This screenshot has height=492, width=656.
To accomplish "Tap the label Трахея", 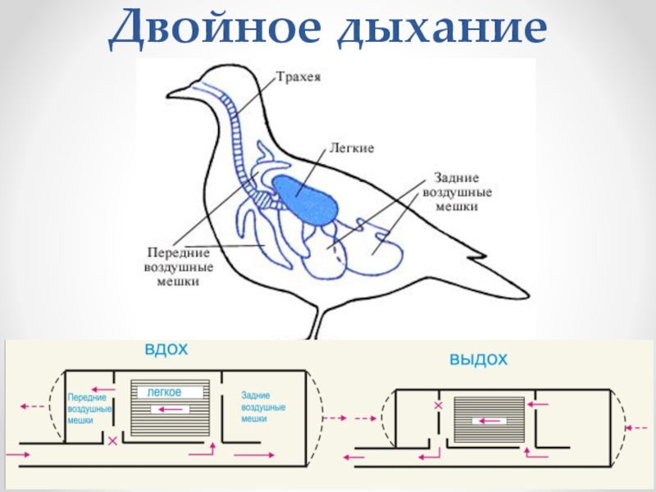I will pyautogui.click(x=297, y=79).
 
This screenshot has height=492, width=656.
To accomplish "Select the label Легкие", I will pyautogui.click(x=352, y=148).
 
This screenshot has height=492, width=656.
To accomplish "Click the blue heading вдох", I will pyautogui.click(x=166, y=349).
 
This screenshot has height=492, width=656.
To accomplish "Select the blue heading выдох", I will pyautogui.click(x=479, y=359).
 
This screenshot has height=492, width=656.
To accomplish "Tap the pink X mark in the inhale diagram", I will pyautogui.click(x=112, y=440).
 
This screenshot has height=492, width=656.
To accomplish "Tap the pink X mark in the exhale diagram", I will pyautogui.click(x=438, y=405).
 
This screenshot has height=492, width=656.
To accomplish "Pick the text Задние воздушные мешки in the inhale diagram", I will pyautogui.click(x=263, y=407).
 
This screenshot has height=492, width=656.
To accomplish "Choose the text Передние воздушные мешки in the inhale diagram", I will pyautogui.click(x=87, y=407).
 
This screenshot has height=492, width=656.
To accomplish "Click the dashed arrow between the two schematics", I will pyautogui.click(x=336, y=418).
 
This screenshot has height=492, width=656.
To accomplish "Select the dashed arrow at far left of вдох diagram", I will pyautogui.click(x=34, y=406).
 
